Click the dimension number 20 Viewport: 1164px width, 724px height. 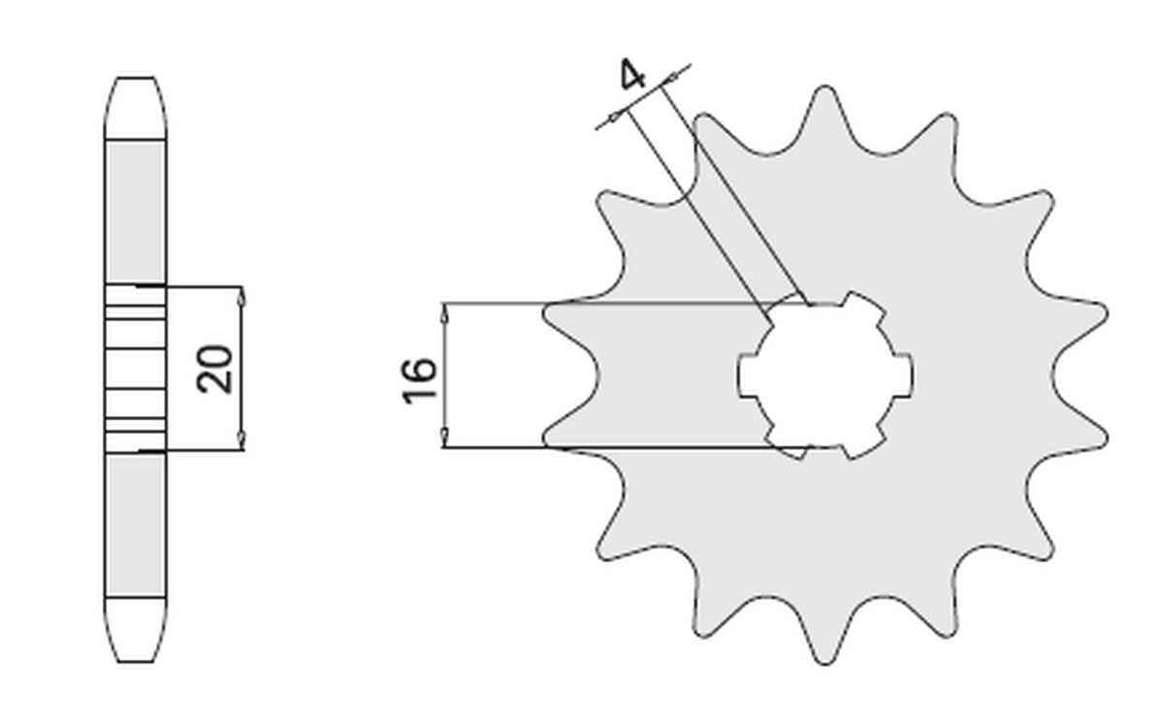click(215, 368)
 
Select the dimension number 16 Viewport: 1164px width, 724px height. click(419, 380)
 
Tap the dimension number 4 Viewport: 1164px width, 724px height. click(633, 75)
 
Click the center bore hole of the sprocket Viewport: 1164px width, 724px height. click(824, 375)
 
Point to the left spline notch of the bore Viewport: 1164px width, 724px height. click(749, 375)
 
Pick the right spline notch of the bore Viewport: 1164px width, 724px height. click(902, 375)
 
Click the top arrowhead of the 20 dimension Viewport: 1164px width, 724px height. click(241, 294)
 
